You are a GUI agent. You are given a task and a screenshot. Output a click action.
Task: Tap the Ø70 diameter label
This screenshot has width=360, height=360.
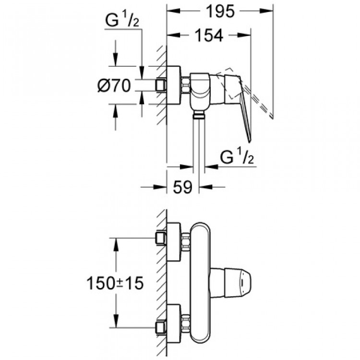(114, 86)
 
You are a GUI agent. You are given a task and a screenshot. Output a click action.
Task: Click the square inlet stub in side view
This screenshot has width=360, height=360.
(161, 85)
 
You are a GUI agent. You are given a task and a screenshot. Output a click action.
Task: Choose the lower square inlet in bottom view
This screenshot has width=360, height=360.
(161, 329)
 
